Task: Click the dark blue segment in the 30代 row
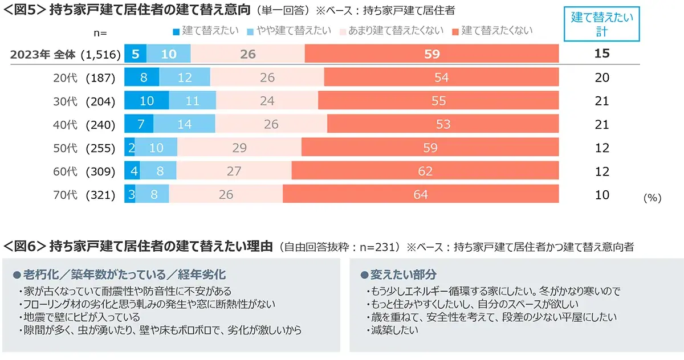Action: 146,101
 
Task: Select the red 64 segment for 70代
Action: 421,195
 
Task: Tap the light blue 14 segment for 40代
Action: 184,124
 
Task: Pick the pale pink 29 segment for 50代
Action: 239,148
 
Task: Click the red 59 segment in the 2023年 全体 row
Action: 431,54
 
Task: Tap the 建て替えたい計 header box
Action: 602,24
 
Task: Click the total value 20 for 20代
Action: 602,77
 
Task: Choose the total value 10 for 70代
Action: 602,195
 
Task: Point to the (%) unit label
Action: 652,198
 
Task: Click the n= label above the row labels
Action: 100,33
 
